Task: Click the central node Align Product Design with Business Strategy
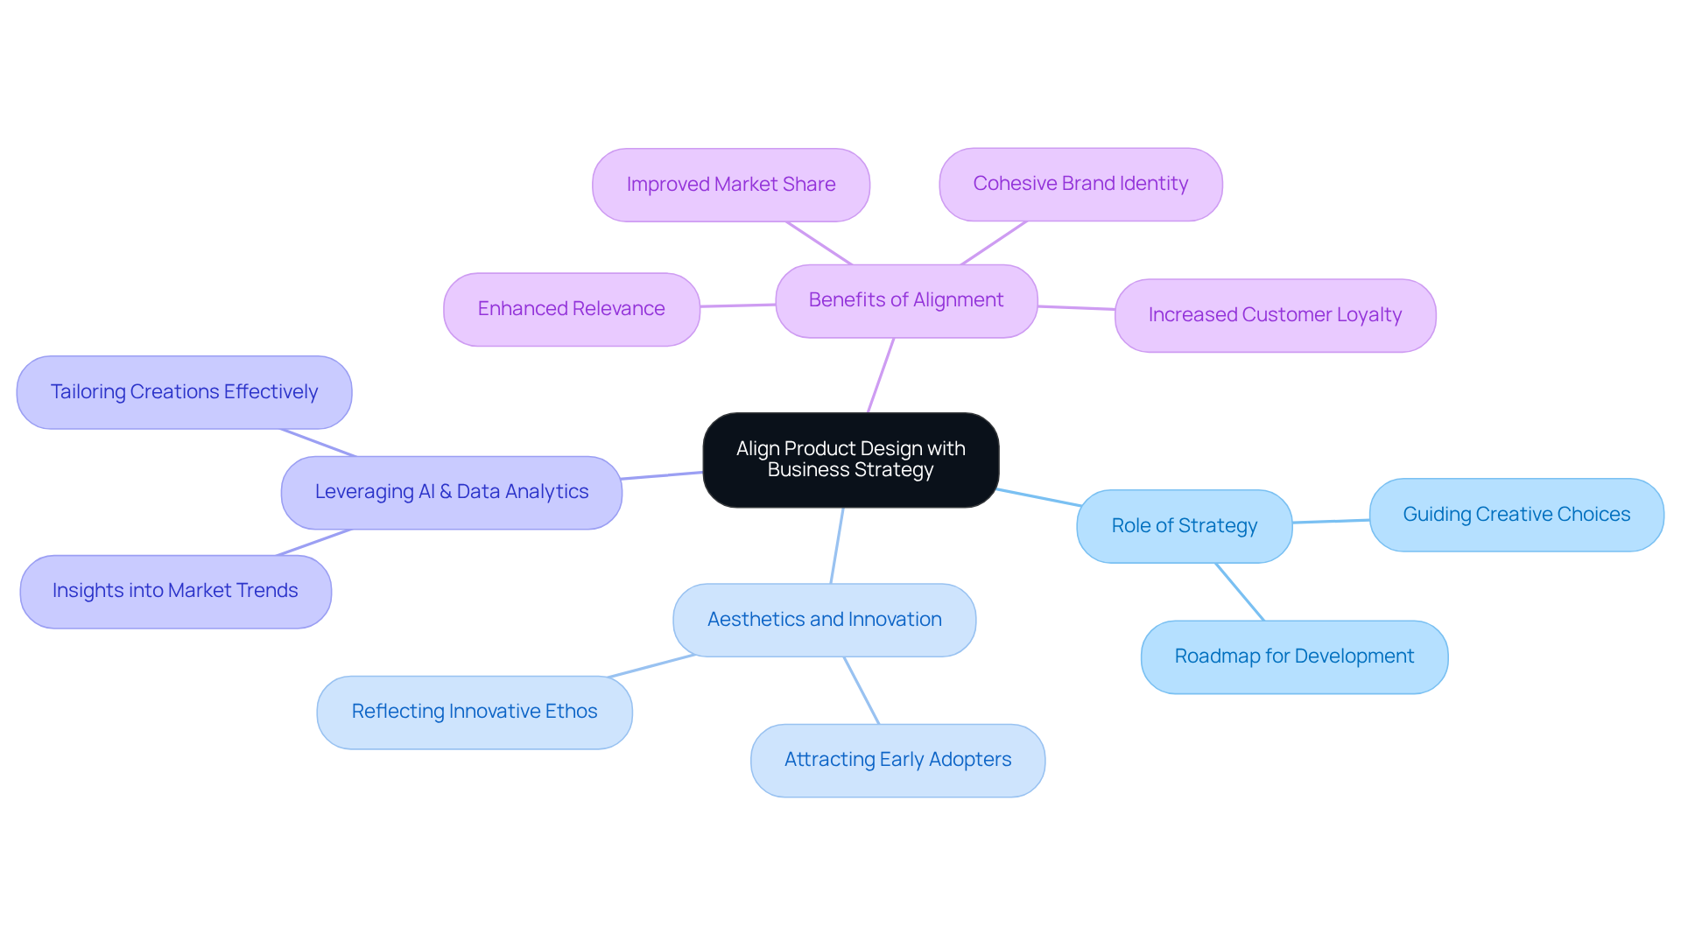pos(850,460)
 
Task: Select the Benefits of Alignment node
pos(906,300)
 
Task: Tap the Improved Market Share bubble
pos(730,185)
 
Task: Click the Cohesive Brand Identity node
pos(1080,184)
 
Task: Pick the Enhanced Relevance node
pos(571,309)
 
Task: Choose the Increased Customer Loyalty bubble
pos(1274,315)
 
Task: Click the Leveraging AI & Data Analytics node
pos(451,492)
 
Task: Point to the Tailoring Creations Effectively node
pos(184,392)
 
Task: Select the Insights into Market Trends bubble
pos(175,591)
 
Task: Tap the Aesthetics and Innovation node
pos(824,620)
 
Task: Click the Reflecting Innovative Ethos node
pos(474,712)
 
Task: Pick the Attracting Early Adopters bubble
pos(897,760)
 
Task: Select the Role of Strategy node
pos(1184,526)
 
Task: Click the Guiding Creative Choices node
pos(1516,515)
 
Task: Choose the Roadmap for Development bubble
pos(1293,657)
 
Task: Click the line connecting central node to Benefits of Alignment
pos(881,375)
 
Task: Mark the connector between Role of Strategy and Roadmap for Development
pos(1240,592)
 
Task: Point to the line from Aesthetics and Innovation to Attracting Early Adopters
pos(862,691)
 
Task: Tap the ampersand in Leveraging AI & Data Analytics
pos(446,492)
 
